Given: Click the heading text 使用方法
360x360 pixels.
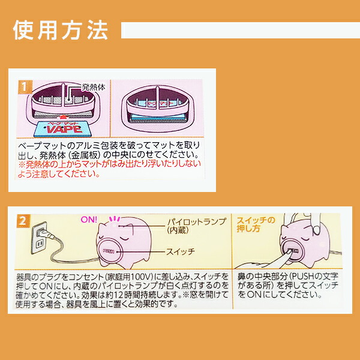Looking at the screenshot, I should [x=60, y=29].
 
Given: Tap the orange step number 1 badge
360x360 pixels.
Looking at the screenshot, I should [x=22, y=85].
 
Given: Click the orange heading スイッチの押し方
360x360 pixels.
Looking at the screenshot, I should [x=256, y=224].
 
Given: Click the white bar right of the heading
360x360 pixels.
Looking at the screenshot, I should [x=240, y=30].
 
